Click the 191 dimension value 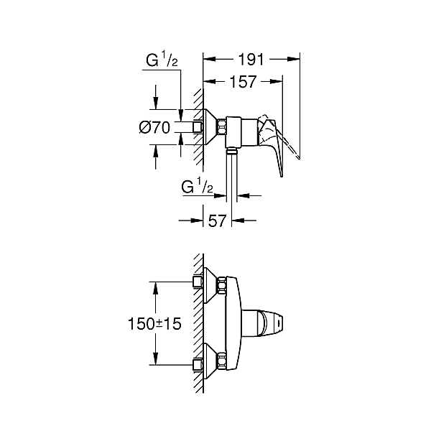251,60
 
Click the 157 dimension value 243,83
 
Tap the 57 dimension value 218,221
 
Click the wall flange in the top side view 210,128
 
